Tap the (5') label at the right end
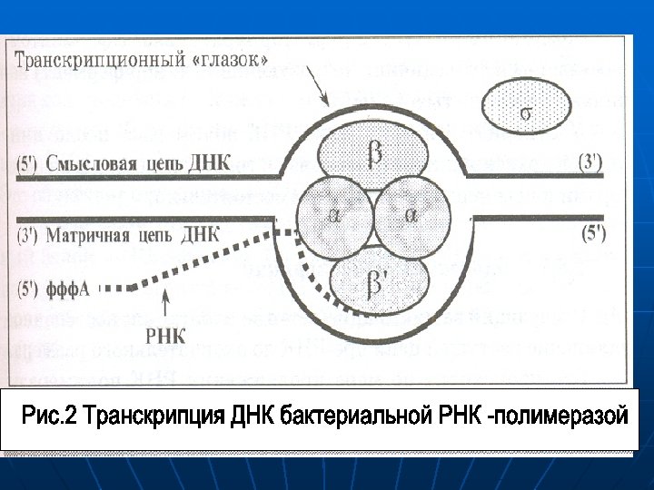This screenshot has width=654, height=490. [591, 231]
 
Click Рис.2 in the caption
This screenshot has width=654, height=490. [49, 416]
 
